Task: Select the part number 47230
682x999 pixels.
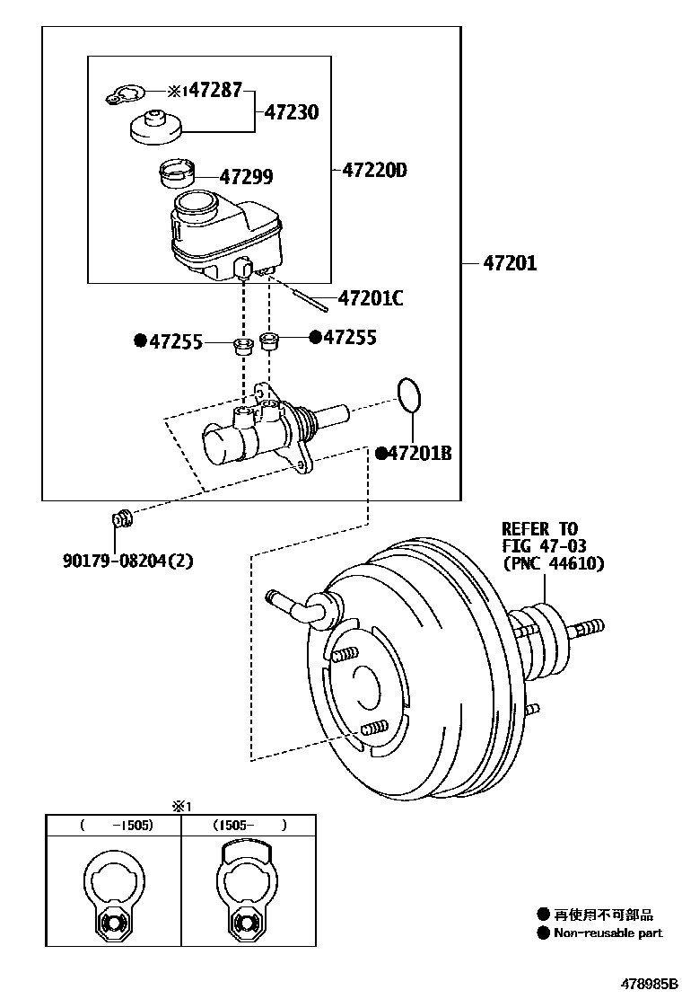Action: [x=291, y=112]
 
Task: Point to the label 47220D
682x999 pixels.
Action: [x=374, y=169]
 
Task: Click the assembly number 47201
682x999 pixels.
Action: [x=509, y=263]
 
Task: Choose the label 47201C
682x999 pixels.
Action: [x=370, y=298]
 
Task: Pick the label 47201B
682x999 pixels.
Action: [x=419, y=454]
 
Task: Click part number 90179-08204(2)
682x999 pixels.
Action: [x=127, y=561]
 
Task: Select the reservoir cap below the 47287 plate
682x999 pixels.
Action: [x=156, y=127]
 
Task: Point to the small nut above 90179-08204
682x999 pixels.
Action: [x=121, y=518]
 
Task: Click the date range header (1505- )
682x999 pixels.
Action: [x=249, y=824]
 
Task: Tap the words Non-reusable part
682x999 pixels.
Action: [x=608, y=933]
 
